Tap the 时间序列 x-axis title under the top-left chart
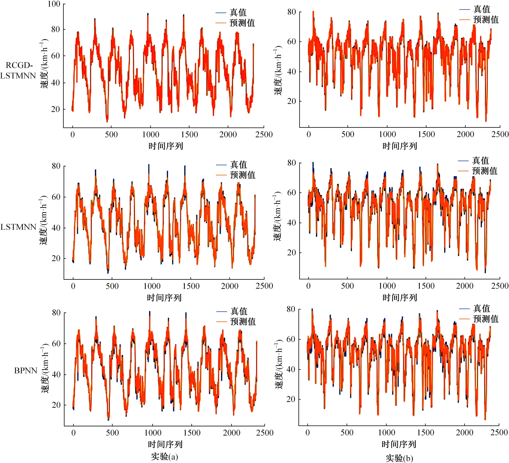(166, 146)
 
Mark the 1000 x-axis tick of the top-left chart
(151, 134)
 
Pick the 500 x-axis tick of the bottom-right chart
(347, 433)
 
